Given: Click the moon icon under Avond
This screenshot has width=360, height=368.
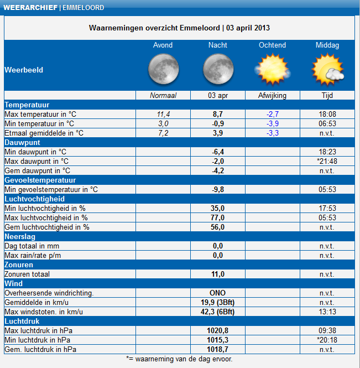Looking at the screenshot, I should pyautogui.click(x=163, y=70).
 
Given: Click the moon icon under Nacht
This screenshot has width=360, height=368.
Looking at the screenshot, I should pyautogui.click(x=217, y=70).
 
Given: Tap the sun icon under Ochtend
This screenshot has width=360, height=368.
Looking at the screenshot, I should pyautogui.click(x=272, y=70).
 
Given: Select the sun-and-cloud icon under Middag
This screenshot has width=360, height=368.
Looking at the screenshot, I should pyautogui.click(x=327, y=70).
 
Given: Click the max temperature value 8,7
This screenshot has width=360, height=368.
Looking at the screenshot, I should pyautogui.click(x=218, y=114).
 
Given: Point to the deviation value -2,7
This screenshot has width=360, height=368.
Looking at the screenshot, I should pyautogui.click(x=273, y=114).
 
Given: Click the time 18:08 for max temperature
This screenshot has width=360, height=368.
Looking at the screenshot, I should pyautogui.click(x=327, y=114).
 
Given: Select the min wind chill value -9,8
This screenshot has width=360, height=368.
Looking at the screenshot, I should pyautogui.click(x=218, y=189).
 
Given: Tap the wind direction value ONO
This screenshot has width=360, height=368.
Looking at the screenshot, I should pyautogui.click(x=218, y=293).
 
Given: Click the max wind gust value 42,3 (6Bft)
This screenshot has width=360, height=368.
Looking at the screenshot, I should pyautogui.click(x=218, y=312).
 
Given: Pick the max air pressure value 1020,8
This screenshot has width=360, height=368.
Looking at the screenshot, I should pyautogui.click(x=218, y=330).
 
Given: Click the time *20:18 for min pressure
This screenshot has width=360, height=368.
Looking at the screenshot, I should pyautogui.click(x=327, y=340).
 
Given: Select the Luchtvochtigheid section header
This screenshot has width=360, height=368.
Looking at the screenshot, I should pyautogui.click(x=35, y=199).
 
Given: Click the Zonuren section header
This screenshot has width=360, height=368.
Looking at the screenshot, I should pyautogui.click(x=19, y=265).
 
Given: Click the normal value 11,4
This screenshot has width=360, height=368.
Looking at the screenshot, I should pyautogui.click(x=163, y=114).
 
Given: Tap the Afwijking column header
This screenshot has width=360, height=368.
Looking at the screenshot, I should pyautogui.click(x=272, y=95).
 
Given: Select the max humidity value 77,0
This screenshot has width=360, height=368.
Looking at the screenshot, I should pyautogui.click(x=218, y=217).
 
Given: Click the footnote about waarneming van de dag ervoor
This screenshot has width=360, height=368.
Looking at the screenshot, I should pyautogui.click(x=180, y=359).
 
